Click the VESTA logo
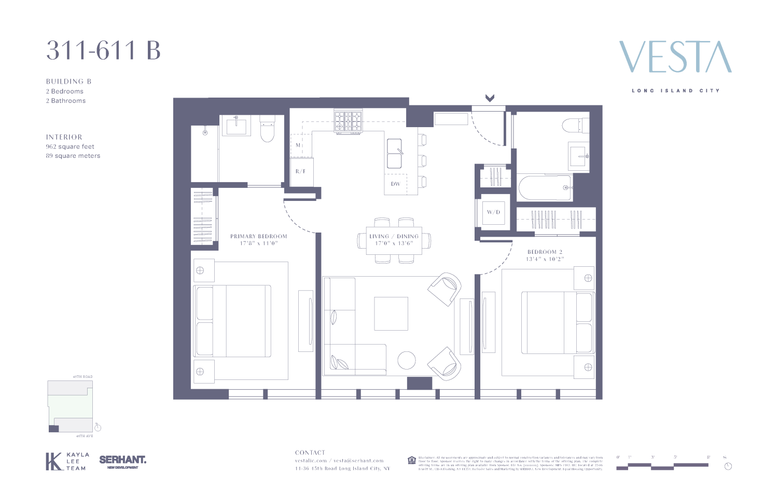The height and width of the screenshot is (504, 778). (675, 57)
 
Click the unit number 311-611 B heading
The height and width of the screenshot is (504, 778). (103, 51)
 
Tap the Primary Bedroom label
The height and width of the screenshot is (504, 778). (258, 239)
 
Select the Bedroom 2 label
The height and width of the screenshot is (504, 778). (545, 255)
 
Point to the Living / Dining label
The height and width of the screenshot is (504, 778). (394, 239)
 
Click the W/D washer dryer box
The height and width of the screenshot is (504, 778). (493, 212)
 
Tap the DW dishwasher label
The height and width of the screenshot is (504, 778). (396, 184)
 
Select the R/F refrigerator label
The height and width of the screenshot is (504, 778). (301, 171)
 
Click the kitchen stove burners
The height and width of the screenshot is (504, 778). (349, 121)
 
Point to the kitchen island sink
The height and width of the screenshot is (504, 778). (395, 153)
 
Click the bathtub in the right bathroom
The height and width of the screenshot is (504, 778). (545, 188)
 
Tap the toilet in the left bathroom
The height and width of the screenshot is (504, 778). (267, 130)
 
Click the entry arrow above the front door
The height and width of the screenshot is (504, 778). (490, 98)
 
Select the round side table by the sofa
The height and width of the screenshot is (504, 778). (407, 360)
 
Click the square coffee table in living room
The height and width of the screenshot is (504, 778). (391, 314)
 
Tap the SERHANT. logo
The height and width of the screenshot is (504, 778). (123, 460)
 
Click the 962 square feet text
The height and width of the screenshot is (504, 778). (70, 146)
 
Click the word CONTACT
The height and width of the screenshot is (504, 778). (310, 453)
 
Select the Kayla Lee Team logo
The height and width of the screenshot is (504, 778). (67, 461)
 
